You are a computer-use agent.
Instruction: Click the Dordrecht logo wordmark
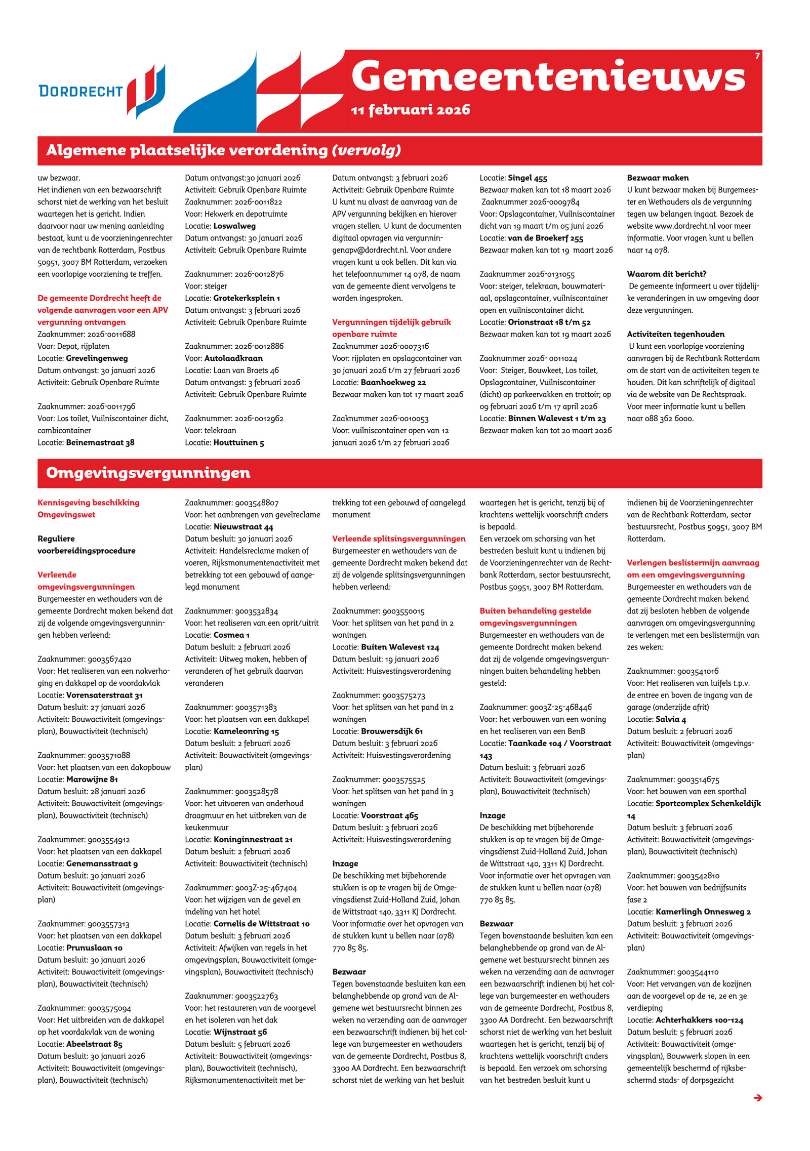tap(80, 91)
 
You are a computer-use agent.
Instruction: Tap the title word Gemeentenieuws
tap(548, 77)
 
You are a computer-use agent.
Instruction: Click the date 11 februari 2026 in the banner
tap(410, 110)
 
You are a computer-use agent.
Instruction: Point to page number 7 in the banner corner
tap(757, 56)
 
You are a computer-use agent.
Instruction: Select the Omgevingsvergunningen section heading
tap(148, 473)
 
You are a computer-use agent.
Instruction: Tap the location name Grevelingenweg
tap(97, 358)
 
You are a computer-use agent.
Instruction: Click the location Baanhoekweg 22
tap(393, 383)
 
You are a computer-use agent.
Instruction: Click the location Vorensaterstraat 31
tap(104, 695)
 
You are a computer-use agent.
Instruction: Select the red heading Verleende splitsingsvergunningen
tap(398, 539)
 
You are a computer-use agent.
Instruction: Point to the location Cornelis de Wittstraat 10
tap(261, 924)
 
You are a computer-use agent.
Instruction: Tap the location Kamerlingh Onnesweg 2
tap(703, 912)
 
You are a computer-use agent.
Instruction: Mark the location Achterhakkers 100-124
tap(699, 1020)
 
